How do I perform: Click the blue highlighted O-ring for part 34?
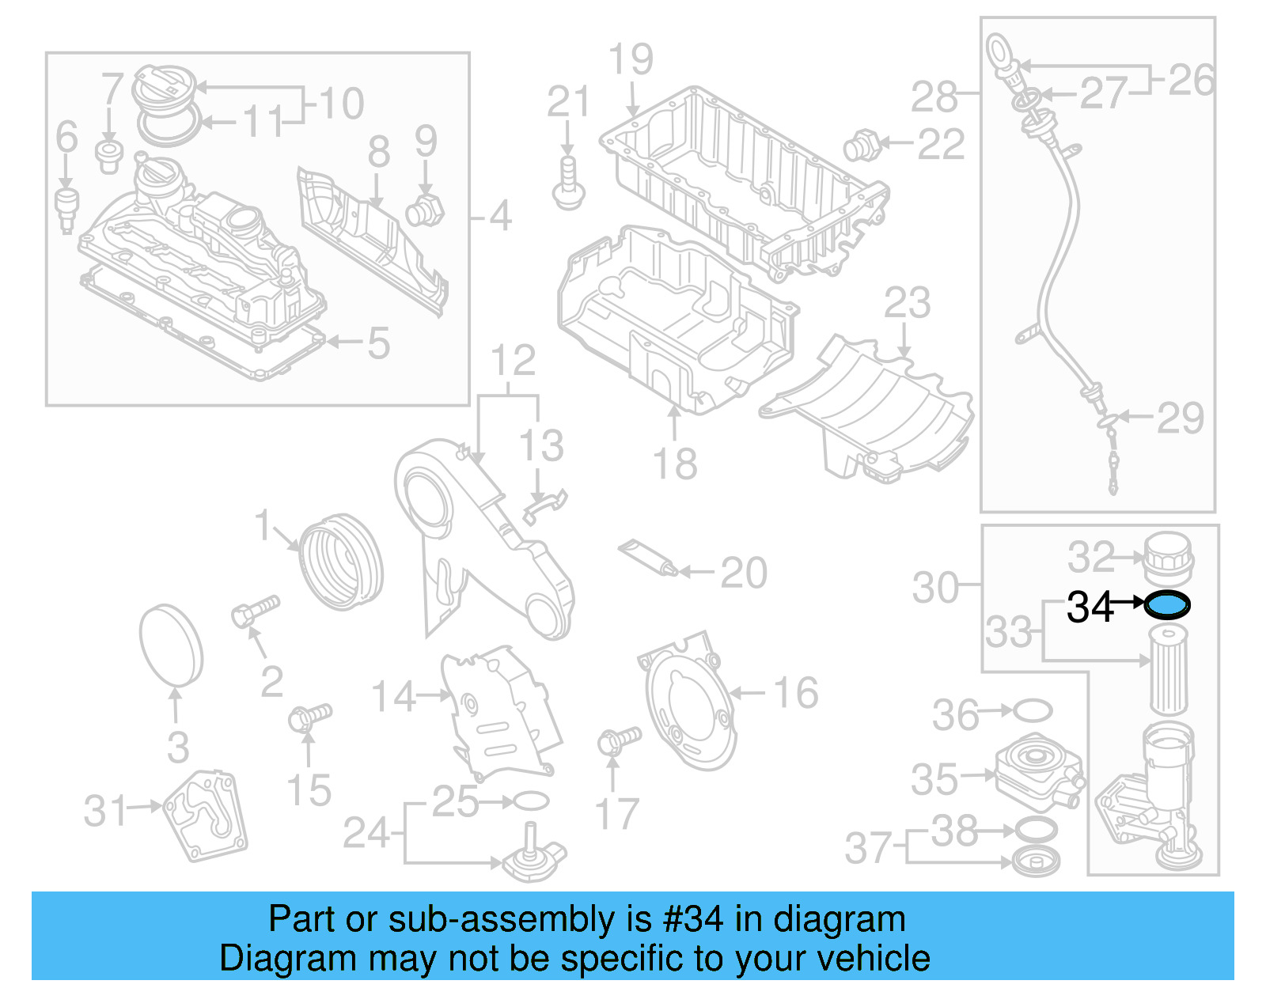(1167, 605)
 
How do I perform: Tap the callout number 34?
(1090, 608)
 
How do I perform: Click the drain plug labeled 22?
(861, 146)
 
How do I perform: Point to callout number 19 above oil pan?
(631, 60)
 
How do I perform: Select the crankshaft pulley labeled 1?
(342, 562)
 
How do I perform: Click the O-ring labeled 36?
(1032, 710)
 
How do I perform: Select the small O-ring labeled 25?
(531, 801)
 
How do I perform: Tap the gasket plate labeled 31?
(206, 816)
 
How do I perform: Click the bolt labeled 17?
(618, 740)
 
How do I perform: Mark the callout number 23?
(907, 304)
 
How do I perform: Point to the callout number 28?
(934, 97)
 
